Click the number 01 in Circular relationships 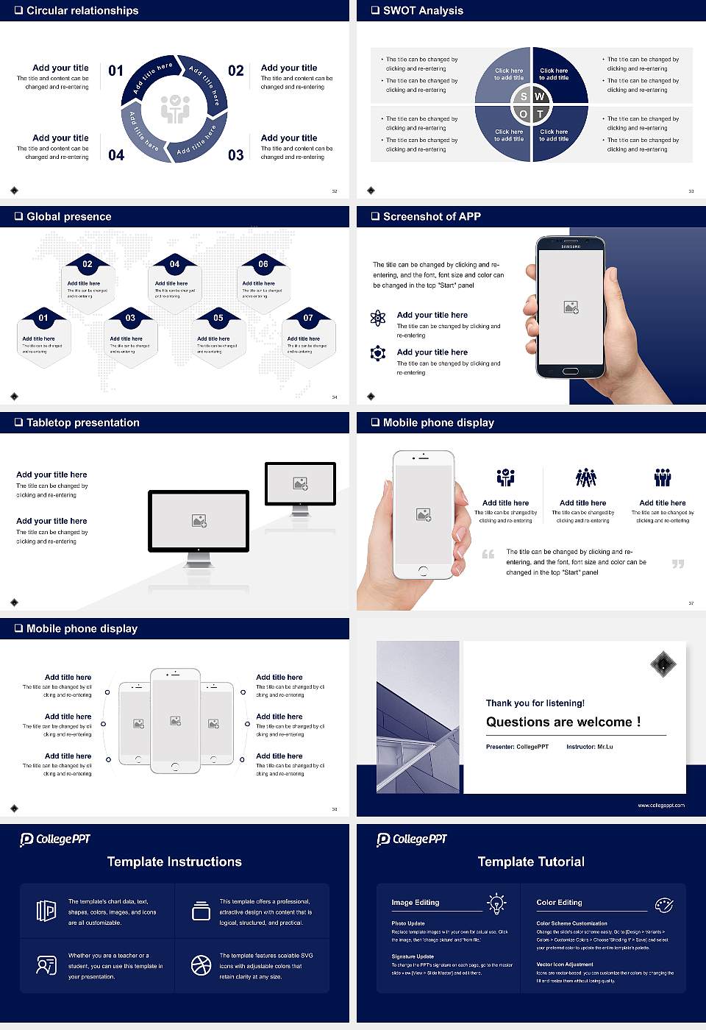(116, 71)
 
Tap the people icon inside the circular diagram (175, 109)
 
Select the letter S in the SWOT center (524, 96)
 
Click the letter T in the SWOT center (540, 114)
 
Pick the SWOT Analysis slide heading (423, 10)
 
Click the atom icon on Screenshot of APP (378, 318)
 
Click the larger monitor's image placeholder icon (199, 521)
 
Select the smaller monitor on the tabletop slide (300, 484)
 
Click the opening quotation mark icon (488, 554)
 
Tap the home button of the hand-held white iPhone (423, 571)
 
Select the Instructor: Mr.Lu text (589, 747)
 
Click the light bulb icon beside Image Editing (496, 903)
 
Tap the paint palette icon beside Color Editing (663, 904)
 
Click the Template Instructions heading (174, 862)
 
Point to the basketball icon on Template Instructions (201, 965)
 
